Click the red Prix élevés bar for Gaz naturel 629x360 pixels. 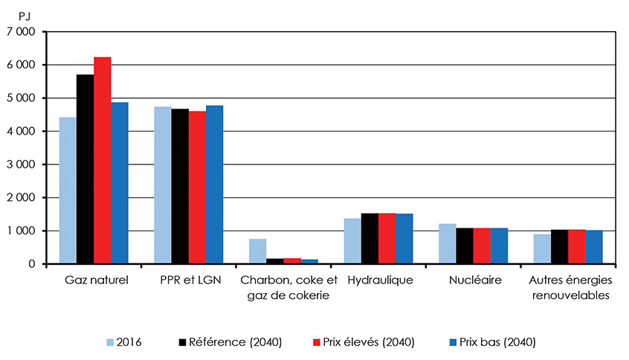coord(103,161)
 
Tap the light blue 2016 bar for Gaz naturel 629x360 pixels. coord(68,190)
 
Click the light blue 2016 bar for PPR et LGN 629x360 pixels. coord(163,185)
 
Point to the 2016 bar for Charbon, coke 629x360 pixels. coord(257,251)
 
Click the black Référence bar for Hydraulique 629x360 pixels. coord(370,239)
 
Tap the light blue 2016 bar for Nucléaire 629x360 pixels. coord(448,244)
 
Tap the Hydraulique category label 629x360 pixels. coord(378,280)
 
